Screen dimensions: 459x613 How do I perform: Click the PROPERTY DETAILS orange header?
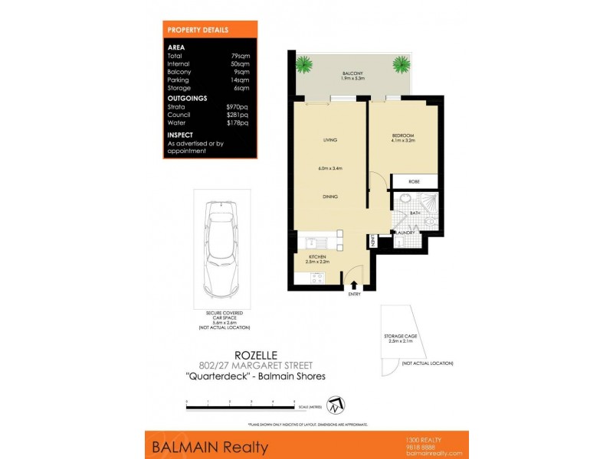(198, 29)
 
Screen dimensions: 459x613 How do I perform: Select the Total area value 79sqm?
(241, 56)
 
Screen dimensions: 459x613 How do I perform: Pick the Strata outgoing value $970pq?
(238, 106)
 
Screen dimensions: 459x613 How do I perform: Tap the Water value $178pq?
(238, 122)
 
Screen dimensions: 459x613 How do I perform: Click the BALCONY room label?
(353, 73)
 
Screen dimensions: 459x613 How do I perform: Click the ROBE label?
(414, 182)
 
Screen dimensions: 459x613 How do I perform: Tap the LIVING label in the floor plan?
(330, 140)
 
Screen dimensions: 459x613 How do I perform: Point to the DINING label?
(330, 197)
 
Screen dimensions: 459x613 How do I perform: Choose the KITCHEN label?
(318, 256)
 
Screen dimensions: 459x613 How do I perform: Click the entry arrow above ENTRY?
(354, 285)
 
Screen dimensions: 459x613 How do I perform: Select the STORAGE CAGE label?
(403, 336)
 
